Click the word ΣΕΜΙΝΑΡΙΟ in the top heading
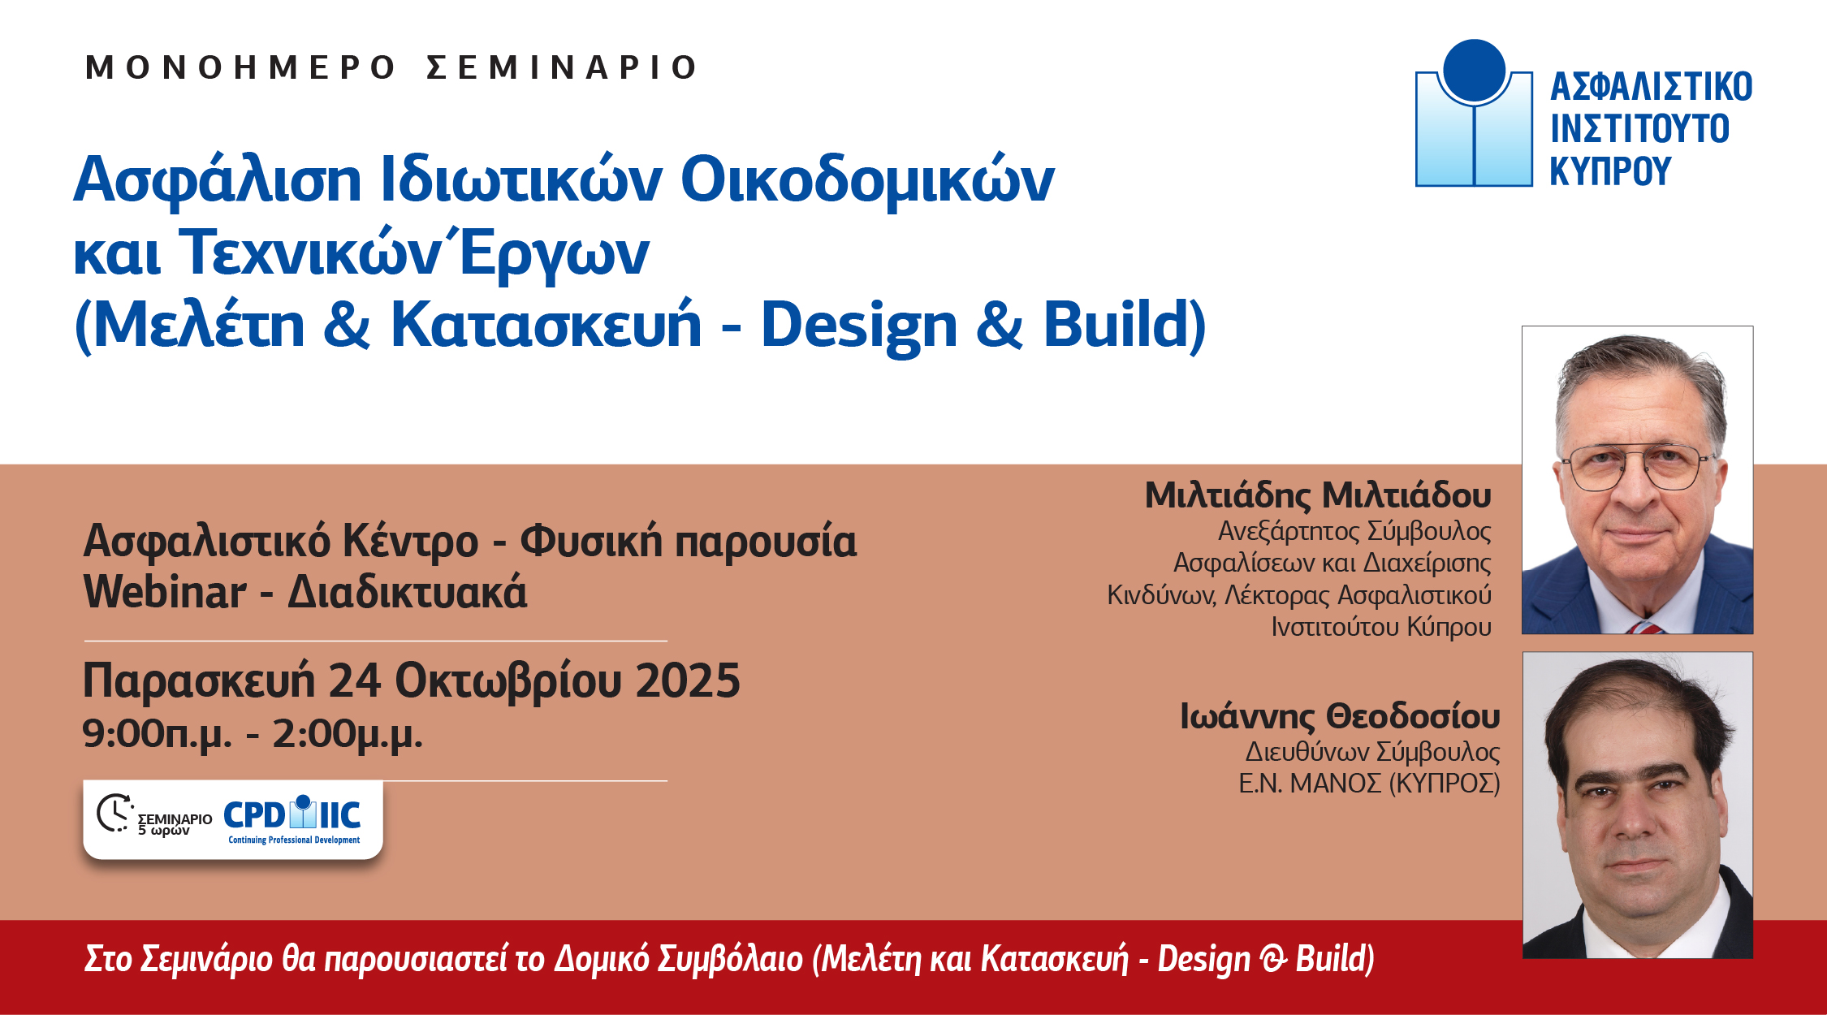click(x=562, y=67)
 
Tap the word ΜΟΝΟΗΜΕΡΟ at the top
click(x=240, y=67)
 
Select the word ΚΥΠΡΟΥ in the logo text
click(x=1610, y=171)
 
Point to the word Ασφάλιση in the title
click(x=218, y=180)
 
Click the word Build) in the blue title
click(x=1125, y=325)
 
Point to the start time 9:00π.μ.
click(x=157, y=735)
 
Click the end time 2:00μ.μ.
click(x=348, y=735)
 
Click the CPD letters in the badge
click(x=254, y=815)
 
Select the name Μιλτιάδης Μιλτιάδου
click(x=1318, y=495)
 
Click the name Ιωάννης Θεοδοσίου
click(x=1340, y=717)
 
